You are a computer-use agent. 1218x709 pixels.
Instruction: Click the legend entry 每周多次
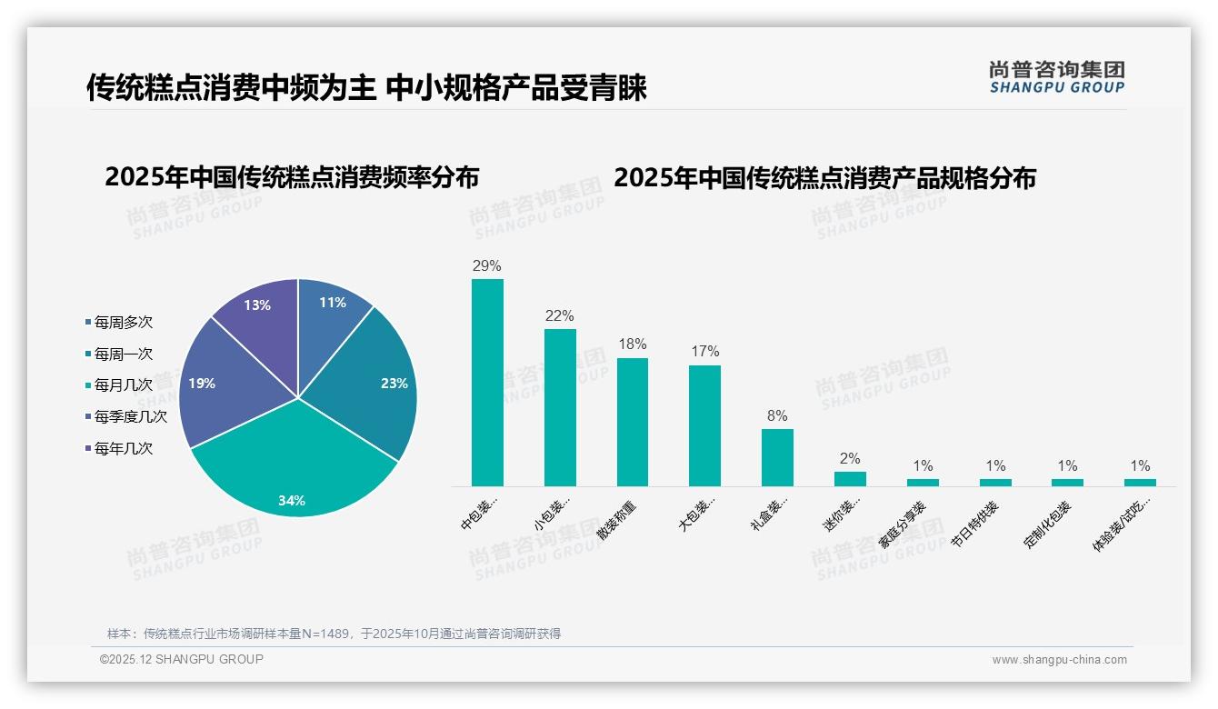click(x=123, y=323)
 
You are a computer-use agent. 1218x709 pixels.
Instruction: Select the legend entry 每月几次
click(x=123, y=385)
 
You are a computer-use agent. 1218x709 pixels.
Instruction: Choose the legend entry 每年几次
click(x=123, y=448)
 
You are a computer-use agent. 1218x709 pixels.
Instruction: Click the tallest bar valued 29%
click(x=487, y=382)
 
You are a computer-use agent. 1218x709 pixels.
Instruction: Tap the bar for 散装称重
click(x=633, y=422)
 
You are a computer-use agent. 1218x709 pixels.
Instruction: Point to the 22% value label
click(x=560, y=315)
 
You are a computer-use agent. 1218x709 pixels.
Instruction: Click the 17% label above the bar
click(x=704, y=352)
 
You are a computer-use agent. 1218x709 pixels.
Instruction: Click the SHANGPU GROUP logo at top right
click(x=1056, y=77)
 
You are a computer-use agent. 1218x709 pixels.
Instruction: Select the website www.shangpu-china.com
click(x=1059, y=660)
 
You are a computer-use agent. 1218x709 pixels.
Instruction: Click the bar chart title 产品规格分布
click(x=824, y=178)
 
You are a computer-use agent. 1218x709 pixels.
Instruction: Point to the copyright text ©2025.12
click(x=181, y=659)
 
